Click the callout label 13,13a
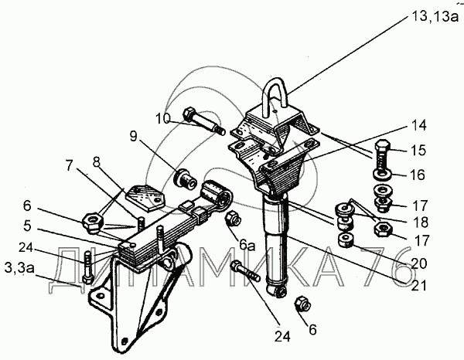tap(435, 16)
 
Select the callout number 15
tap(418, 150)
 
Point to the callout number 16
tap(418, 175)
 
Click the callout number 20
tap(418, 263)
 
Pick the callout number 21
tap(418, 286)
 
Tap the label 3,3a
tap(19, 268)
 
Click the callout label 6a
tap(247, 246)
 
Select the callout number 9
tap(134, 137)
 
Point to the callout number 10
tap(163, 118)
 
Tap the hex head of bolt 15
tap(384, 146)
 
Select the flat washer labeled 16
tap(382, 175)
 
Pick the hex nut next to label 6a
tap(234, 219)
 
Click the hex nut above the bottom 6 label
tap(302, 304)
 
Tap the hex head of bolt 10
tap(189, 114)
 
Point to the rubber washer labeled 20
tap(346, 239)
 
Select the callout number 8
tap(96, 162)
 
